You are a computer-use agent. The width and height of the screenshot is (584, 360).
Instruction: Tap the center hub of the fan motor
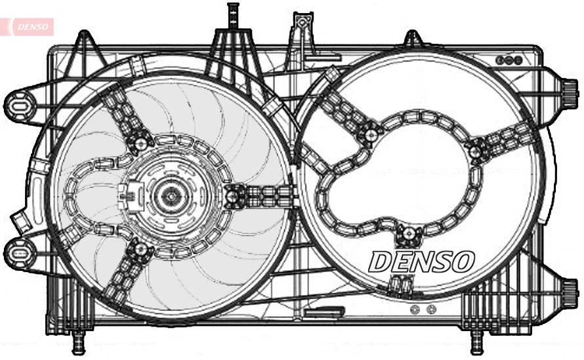click(172, 195)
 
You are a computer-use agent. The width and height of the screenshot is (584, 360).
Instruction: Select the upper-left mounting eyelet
click(20, 105)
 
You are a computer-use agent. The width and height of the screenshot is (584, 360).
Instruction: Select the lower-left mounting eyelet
click(20, 252)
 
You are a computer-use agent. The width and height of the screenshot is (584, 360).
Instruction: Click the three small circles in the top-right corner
click(509, 60)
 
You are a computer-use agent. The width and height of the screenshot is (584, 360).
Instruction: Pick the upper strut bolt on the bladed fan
click(140, 142)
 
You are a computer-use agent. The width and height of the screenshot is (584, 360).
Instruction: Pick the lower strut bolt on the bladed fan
click(139, 248)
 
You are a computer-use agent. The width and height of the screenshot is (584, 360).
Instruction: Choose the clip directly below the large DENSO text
click(400, 283)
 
